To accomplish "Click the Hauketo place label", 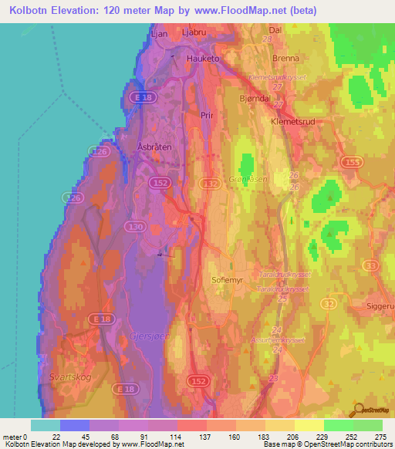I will click(204, 58).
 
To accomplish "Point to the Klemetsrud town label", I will click(292, 121).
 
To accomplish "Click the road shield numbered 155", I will click(351, 161).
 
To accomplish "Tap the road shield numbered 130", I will click(137, 227).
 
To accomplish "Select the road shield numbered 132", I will click(209, 183).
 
